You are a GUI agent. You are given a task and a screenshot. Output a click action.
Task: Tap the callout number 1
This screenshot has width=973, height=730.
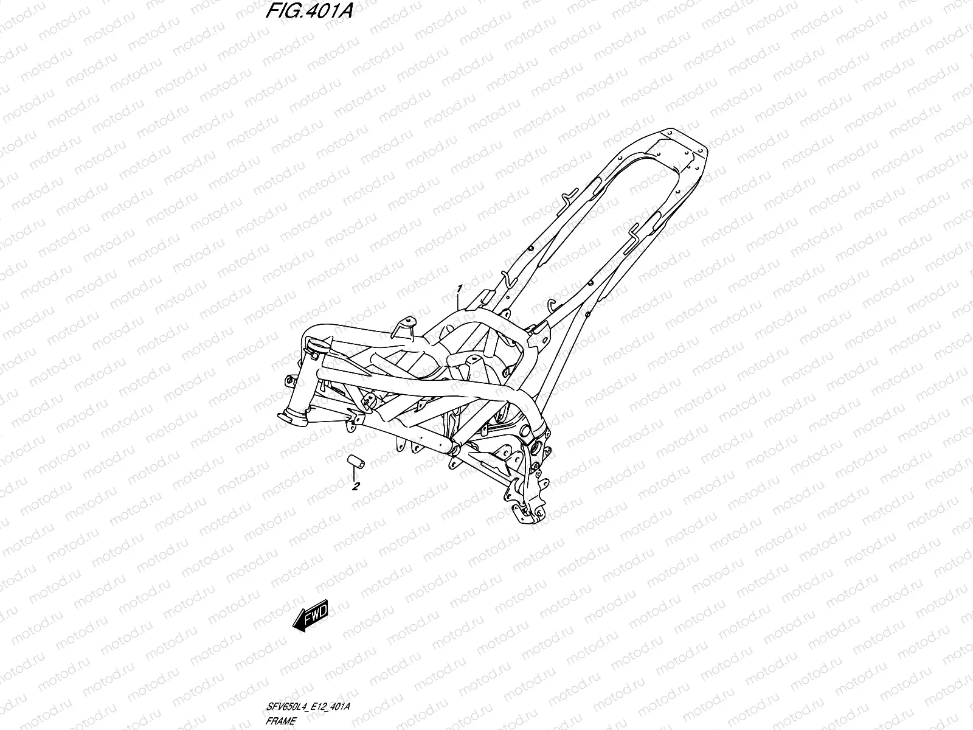coord(460,287)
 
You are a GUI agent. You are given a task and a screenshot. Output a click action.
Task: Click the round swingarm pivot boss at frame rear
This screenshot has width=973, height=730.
coord(538,448)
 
